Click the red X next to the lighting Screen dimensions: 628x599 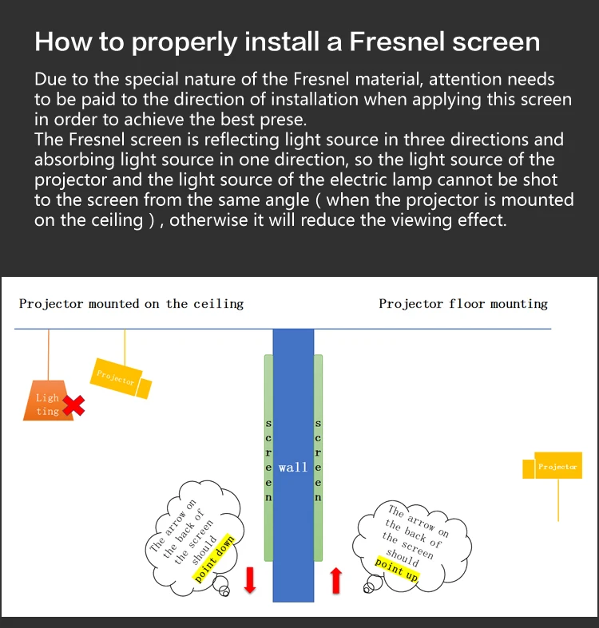73,406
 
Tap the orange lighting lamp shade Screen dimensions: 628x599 48,402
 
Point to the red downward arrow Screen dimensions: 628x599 249,580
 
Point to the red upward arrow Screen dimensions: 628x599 336,580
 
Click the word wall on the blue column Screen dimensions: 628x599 293,467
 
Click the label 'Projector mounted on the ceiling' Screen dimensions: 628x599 131,303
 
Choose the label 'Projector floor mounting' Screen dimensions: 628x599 463,303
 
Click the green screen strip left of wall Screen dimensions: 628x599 268,459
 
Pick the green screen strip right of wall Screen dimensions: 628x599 319,459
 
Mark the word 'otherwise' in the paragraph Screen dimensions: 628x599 208,219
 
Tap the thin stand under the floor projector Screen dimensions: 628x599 558,499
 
